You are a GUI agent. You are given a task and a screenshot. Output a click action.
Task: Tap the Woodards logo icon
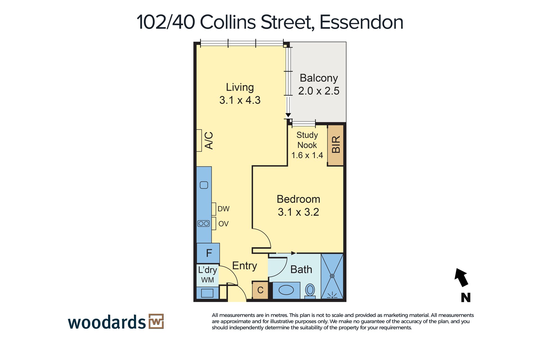(156, 321)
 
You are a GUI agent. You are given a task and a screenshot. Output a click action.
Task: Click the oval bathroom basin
(286, 290)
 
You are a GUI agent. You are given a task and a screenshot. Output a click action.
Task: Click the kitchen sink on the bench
(204, 185)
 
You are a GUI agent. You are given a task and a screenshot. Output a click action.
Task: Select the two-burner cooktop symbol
(204, 224)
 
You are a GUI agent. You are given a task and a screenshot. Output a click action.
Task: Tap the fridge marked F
(208, 253)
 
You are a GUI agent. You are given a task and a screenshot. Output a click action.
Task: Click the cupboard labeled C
(260, 290)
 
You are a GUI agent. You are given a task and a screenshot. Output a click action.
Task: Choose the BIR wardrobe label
(336, 145)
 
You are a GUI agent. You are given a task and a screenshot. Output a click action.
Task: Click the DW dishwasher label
(224, 209)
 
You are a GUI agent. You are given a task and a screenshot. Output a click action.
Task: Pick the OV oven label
(224, 224)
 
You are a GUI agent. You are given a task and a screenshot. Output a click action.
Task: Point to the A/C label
(209, 140)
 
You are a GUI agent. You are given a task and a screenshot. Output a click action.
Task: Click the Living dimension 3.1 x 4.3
(240, 100)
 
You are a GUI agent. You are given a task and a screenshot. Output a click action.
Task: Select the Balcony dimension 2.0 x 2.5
(319, 91)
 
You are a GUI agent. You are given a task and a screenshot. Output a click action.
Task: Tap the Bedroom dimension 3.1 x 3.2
(298, 212)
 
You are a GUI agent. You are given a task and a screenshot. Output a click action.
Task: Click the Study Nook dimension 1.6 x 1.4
(307, 155)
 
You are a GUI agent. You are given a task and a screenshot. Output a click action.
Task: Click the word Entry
(245, 266)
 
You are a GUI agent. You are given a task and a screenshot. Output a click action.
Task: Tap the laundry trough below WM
(207, 293)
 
